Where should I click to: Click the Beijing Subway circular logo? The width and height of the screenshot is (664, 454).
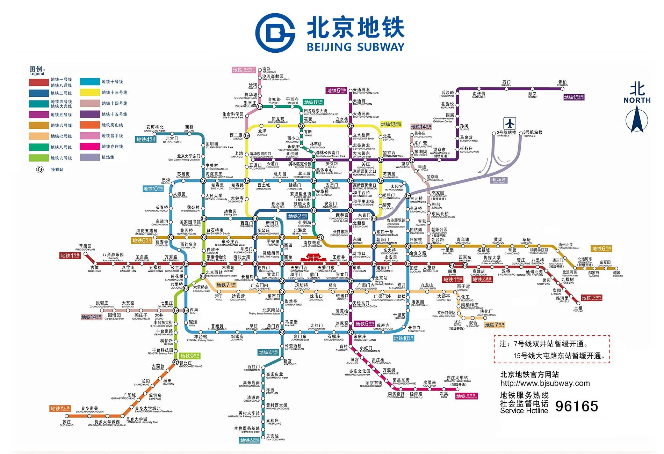275,33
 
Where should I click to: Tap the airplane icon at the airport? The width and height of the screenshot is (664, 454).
510,123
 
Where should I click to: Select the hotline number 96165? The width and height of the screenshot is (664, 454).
577,406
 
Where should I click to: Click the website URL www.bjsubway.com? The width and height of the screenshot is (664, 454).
545,383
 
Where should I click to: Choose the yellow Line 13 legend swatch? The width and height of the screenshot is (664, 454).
90,92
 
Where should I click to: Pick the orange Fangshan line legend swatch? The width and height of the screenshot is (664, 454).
90,125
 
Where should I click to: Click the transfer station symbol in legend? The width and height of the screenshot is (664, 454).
40,170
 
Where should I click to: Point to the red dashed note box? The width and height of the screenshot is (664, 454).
552,349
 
